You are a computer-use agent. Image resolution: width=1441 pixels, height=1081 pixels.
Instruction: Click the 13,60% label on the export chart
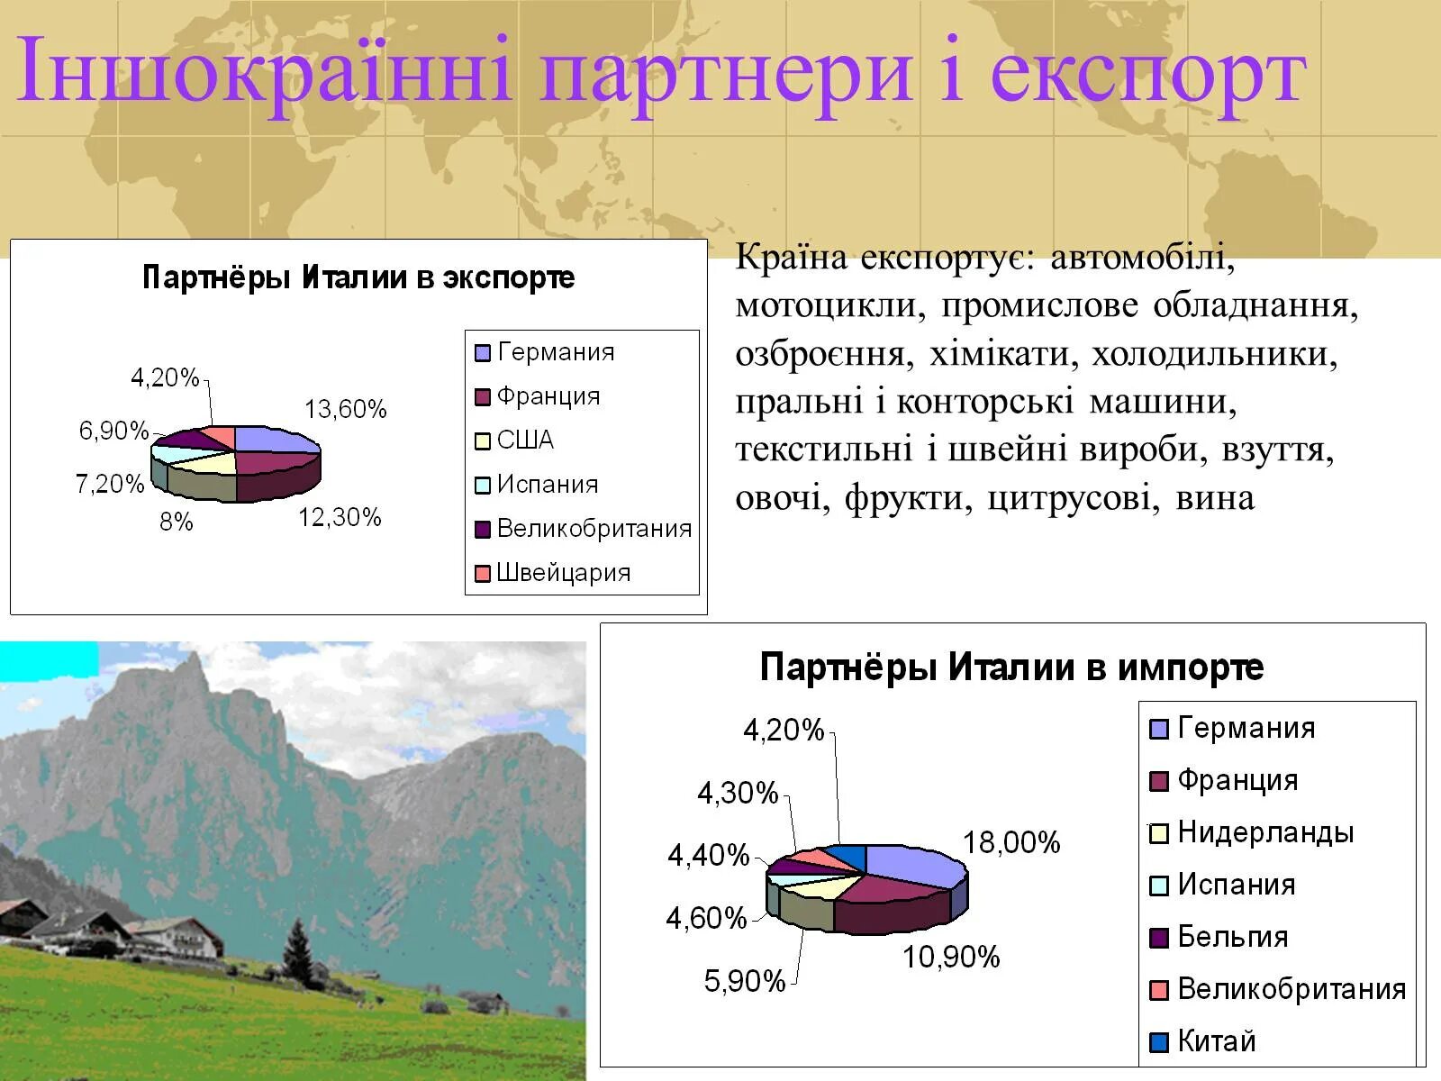click(x=345, y=410)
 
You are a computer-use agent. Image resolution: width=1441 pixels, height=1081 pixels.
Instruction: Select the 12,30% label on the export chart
click(x=340, y=518)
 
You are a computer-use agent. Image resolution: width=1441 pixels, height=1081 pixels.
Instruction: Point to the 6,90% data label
click(x=113, y=431)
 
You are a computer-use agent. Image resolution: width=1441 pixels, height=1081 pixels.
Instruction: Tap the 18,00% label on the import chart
click(x=1011, y=843)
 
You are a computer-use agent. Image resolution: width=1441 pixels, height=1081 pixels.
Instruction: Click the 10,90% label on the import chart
click(x=951, y=957)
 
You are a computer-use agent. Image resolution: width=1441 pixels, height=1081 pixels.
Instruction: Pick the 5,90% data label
click(x=745, y=981)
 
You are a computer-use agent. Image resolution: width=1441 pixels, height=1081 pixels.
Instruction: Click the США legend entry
click(x=525, y=441)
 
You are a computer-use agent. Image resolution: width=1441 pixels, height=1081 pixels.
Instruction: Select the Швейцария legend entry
click(x=563, y=573)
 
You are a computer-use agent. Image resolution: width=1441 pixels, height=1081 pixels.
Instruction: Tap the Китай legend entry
click(x=1216, y=1041)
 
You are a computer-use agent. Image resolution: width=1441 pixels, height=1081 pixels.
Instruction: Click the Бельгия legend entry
click(x=1232, y=937)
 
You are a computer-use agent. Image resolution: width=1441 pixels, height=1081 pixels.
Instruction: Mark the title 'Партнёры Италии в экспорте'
click(x=358, y=277)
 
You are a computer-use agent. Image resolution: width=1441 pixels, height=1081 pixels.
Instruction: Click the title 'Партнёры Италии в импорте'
click(x=1011, y=668)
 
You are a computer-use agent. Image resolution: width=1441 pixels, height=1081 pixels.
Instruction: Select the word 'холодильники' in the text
click(x=1214, y=354)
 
